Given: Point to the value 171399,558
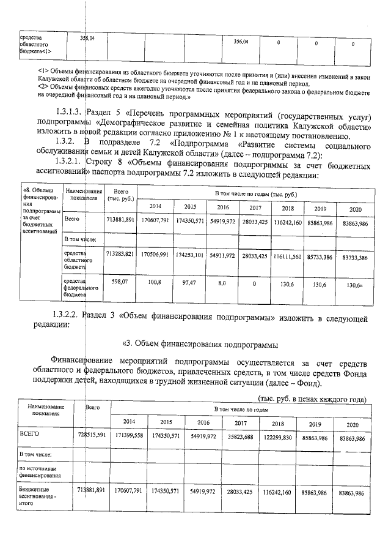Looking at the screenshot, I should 130,440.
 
